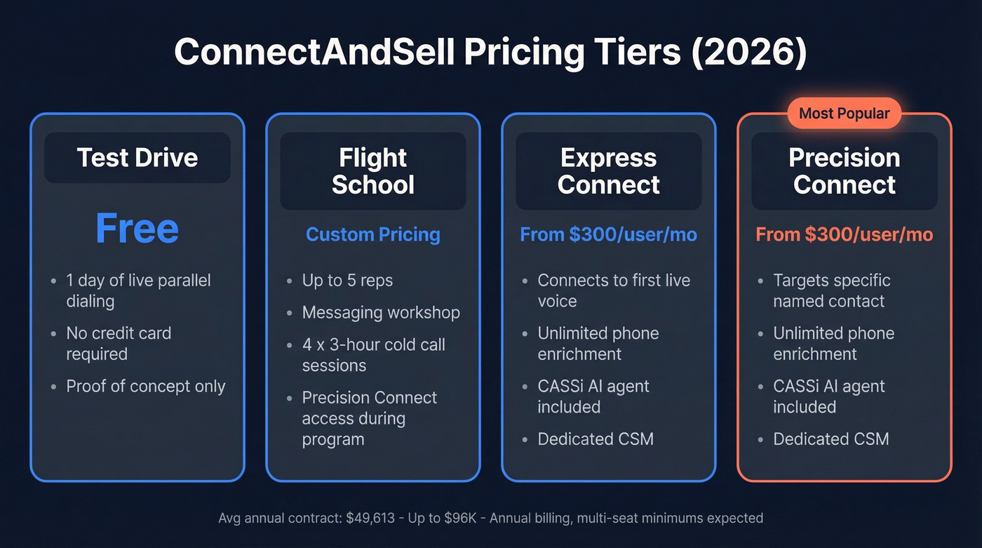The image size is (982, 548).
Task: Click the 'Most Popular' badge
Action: tap(844, 113)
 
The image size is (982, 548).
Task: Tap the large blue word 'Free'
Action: tap(137, 229)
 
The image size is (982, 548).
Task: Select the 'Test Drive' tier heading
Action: tap(137, 157)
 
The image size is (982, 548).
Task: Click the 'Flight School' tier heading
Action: tap(373, 171)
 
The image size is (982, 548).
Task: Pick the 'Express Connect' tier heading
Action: tap(609, 171)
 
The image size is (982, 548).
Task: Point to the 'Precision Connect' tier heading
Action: tap(845, 171)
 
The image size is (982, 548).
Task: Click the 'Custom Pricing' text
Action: tap(373, 234)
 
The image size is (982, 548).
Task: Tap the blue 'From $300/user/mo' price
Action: tap(609, 234)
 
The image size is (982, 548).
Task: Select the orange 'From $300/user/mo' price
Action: tap(845, 234)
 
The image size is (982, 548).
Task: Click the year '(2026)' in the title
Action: tap(748, 52)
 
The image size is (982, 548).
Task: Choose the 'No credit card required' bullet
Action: tap(119, 343)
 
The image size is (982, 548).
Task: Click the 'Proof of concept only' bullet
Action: tap(146, 387)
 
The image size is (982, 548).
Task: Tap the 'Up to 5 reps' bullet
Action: tap(347, 281)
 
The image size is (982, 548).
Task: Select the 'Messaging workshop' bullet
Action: tap(381, 312)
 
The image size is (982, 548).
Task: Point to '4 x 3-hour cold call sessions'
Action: tap(373, 355)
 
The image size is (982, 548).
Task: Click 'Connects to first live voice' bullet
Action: tap(614, 290)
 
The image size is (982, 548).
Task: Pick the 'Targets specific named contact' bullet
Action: tap(832, 290)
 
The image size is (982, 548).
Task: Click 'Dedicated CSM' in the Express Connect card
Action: tap(596, 439)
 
